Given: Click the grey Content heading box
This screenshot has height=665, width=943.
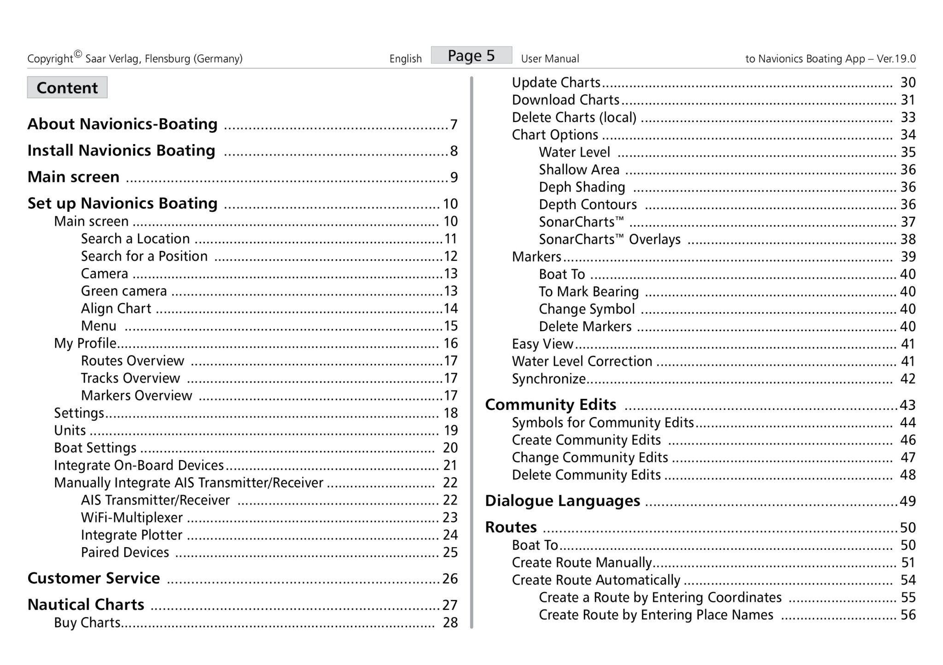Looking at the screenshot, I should [x=67, y=87].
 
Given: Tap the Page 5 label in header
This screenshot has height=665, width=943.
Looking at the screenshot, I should [x=471, y=55].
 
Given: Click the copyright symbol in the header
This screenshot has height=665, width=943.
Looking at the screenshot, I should [x=77, y=54].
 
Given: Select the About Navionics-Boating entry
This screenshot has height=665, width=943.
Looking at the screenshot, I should [x=122, y=124].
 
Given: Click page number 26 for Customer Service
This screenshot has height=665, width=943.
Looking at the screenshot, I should [x=450, y=578].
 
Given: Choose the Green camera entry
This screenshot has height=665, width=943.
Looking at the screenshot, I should [x=124, y=291].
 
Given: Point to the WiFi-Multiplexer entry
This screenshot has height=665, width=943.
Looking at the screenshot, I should [x=132, y=518].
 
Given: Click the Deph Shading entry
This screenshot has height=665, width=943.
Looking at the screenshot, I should [x=582, y=187].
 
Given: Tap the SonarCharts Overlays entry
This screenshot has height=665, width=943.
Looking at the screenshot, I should [x=610, y=239].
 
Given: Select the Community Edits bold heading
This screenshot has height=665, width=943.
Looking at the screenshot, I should [x=550, y=404].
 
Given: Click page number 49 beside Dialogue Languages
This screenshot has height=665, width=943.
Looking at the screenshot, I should [x=908, y=501].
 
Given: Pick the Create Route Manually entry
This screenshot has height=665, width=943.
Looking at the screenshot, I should [x=582, y=563].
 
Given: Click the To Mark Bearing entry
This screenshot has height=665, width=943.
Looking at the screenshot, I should [x=589, y=292].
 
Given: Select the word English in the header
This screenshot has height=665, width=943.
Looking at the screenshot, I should [x=405, y=59].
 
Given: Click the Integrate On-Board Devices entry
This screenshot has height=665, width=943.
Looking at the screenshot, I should [x=139, y=465].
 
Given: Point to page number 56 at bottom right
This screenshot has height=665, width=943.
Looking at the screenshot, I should [x=908, y=615].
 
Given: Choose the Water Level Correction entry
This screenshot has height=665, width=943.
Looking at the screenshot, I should [x=582, y=362].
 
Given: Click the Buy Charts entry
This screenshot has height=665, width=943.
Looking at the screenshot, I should [x=87, y=623].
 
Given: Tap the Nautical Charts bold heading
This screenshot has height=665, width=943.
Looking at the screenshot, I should [x=86, y=604].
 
